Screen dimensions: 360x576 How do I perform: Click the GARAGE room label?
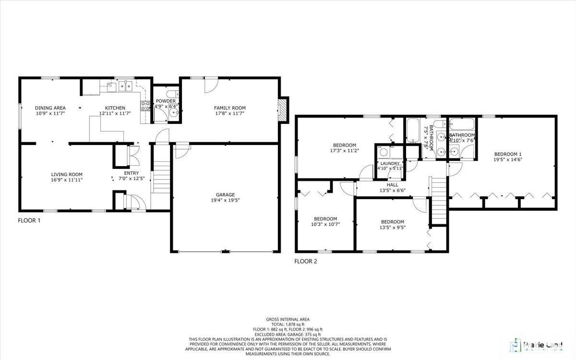(x=225, y=194)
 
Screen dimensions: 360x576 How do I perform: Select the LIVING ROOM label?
(x=67, y=174)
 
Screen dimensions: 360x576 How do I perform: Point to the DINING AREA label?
(x=50, y=108)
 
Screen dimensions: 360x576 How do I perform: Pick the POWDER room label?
(x=166, y=101)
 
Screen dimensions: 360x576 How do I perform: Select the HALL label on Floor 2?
(x=392, y=184)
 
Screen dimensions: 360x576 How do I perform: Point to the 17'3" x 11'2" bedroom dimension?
(x=345, y=151)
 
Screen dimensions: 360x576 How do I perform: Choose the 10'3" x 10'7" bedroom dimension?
(x=325, y=224)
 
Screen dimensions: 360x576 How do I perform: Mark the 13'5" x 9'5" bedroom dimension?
(x=392, y=228)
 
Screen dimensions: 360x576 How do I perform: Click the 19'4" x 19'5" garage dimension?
(x=225, y=200)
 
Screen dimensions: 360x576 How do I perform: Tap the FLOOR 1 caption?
(x=29, y=221)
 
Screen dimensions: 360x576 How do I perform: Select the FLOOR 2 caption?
(x=306, y=262)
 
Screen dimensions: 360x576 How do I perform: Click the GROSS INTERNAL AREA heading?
(x=288, y=319)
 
